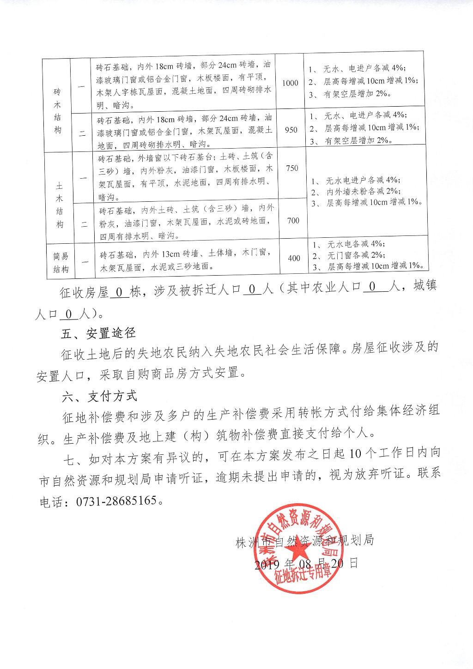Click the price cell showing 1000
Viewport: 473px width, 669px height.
[290, 83]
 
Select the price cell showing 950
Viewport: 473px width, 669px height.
[291, 130]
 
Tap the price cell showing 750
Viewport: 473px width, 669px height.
[292, 168]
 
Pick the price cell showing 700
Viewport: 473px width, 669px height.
[293, 220]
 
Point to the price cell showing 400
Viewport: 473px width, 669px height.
[294, 258]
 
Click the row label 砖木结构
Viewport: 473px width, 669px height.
[57, 111]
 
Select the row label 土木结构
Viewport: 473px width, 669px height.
[59, 205]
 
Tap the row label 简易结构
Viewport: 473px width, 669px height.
[61, 262]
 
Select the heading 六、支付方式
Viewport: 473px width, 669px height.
[100, 396]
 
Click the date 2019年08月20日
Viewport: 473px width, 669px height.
[306, 564]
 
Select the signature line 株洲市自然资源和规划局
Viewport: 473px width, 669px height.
[305, 541]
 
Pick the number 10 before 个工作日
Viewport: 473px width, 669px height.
[355, 454]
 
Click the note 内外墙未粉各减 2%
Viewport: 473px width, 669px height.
[363, 191]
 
